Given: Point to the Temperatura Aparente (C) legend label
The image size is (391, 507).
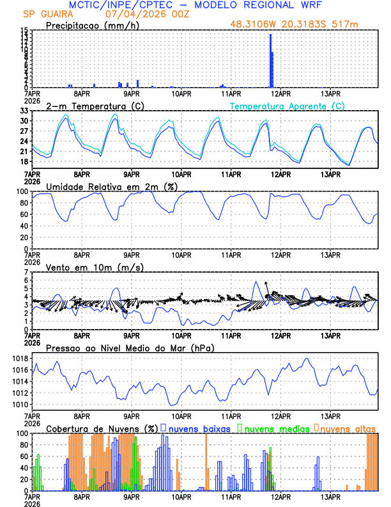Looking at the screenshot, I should click(287, 106).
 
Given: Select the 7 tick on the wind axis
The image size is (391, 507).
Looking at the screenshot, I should click(26, 272).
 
